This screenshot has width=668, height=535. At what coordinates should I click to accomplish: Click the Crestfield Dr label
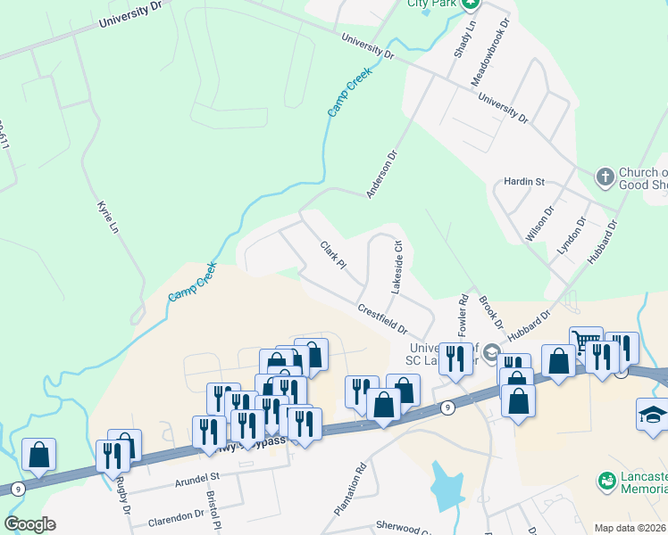[382, 317]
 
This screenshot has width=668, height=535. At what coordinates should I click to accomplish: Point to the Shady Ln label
[462, 38]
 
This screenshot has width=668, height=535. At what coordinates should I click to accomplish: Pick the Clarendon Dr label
[176, 516]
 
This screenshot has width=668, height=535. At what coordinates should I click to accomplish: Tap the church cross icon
[605, 176]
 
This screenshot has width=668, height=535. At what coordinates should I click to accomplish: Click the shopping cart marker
[585, 341]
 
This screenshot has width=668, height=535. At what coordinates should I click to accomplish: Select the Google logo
[29, 524]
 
